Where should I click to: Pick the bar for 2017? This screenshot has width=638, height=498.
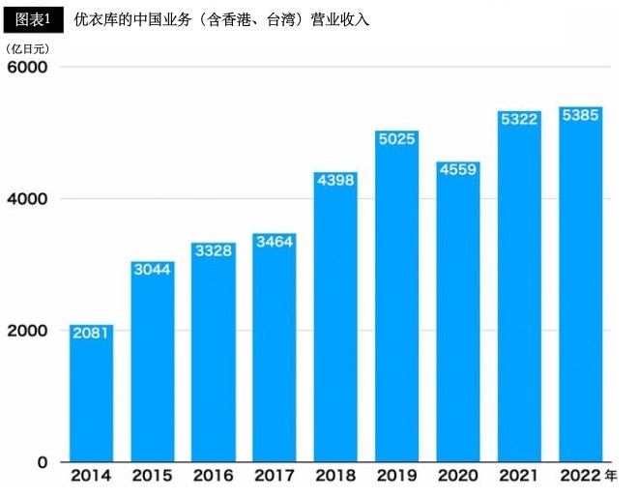click(x=275, y=347)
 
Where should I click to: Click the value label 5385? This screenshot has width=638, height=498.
click(x=581, y=115)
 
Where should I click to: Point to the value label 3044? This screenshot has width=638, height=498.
click(x=152, y=269)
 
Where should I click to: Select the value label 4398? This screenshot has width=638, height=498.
click(x=335, y=180)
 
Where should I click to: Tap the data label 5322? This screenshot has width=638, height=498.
click(x=519, y=119)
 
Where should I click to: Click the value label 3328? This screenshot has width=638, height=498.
click(x=213, y=250)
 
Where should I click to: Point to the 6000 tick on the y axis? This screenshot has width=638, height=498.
click(x=28, y=67)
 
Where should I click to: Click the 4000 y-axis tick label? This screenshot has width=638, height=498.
click(x=28, y=199)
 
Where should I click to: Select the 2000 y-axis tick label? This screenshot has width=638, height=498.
click(x=28, y=331)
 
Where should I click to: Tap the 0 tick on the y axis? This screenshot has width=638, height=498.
click(x=42, y=462)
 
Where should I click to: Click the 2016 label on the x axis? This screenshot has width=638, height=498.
click(x=213, y=476)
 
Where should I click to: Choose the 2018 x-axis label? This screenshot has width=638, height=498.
click(x=335, y=476)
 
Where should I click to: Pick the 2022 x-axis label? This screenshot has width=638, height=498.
click(x=580, y=476)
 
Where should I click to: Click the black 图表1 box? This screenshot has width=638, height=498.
click(x=33, y=17)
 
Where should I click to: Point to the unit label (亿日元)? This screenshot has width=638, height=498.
click(x=27, y=47)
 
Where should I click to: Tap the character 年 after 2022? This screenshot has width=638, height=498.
click(x=611, y=476)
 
